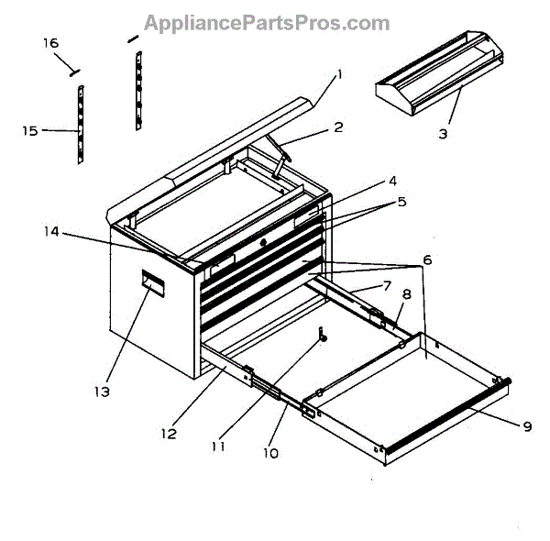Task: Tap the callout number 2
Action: [338, 127]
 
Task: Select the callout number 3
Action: [443, 134]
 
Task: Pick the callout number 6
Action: [427, 259]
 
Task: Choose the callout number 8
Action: [406, 294]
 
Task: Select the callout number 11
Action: [217, 447]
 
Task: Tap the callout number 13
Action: [101, 392]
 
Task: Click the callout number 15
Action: [30, 131]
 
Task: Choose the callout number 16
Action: [50, 44]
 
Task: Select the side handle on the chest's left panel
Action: [152, 282]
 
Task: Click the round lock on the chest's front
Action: [263, 242]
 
